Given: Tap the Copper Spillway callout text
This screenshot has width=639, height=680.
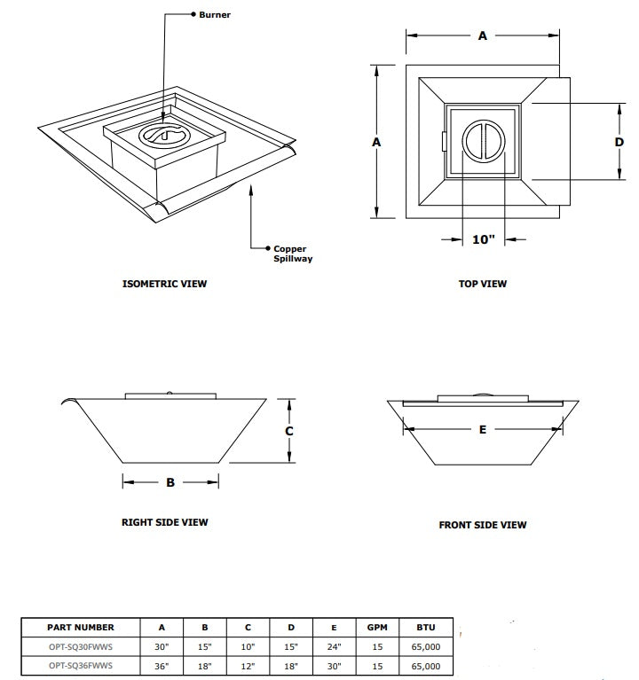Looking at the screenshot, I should pyautogui.click(x=293, y=254).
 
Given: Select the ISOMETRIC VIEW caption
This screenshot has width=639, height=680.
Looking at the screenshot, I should pyautogui.click(x=164, y=285).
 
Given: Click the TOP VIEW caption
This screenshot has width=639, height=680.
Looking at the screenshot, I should pyautogui.click(x=484, y=285).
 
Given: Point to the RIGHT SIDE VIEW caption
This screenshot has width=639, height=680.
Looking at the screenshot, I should pyautogui.click(x=165, y=522).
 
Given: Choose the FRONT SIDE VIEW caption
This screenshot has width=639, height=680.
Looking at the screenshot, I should pyautogui.click(x=483, y=525).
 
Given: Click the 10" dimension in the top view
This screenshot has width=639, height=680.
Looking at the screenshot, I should pyautogui.click(x=484, y=239).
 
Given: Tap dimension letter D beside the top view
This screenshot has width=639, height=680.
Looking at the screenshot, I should pyautogui.click(x=619, y=142).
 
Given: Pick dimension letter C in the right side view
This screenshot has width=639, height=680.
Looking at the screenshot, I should pyautogui.click(x=288, y=431).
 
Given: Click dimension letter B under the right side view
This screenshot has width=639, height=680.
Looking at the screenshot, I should pyautogui.click(x=170, y=483).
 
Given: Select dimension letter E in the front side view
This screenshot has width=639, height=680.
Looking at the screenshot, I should pyautogui.click(x=483, y=430).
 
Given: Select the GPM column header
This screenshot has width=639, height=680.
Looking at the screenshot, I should pyautogui.click(x=377, y=627).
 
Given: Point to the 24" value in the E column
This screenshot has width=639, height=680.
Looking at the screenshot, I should pyautogui.click(x=334, y=646).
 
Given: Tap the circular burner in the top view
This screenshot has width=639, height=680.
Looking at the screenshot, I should pyautogui.click(x=484, y=141).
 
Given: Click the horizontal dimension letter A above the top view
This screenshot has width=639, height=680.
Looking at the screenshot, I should pyautogui.click(x=483, y=36).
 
